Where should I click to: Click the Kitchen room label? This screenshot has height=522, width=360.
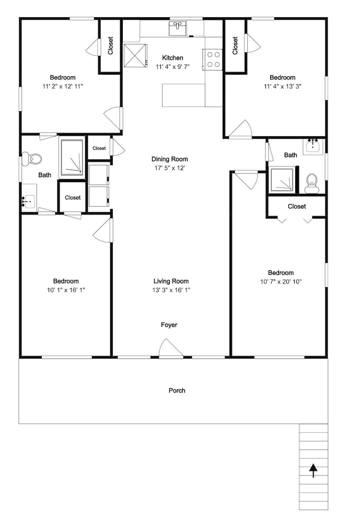[172, 58]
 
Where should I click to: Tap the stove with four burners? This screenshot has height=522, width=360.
[212, 60]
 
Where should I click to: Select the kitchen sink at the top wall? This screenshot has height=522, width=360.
[178, 29]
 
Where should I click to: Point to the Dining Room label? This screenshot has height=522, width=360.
[170, 159]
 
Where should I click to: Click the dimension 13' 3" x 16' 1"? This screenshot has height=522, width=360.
[171, 290]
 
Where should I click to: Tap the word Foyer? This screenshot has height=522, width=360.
[169, 325]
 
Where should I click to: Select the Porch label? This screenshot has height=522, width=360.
[177, 390]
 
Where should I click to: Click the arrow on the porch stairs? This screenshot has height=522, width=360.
[313, 471]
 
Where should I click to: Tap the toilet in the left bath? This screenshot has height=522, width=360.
[32, 159]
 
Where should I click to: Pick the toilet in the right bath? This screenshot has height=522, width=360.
[312, 184]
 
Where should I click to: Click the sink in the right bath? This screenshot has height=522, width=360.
[313, 147]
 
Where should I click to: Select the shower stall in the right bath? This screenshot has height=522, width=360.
[282, 180]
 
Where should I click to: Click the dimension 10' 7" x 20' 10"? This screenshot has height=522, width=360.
[281, 282]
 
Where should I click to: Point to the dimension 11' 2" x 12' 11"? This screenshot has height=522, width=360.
[63, 87]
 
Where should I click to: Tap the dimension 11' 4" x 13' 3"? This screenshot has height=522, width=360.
[283, 87]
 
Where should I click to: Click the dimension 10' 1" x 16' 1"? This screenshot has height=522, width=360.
[66, 290]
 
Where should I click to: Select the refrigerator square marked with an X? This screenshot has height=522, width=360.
[135, 55]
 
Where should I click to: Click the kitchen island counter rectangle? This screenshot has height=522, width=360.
[183, 95]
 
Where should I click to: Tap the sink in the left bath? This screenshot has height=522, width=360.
[28, 201]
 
